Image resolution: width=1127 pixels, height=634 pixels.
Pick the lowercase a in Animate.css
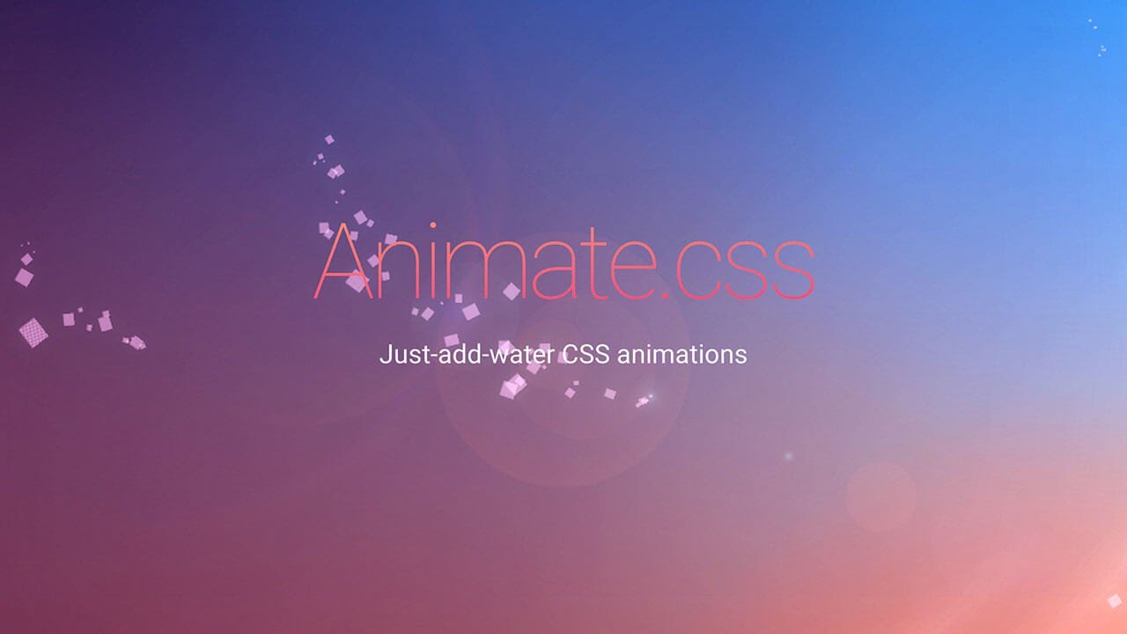(556, 273)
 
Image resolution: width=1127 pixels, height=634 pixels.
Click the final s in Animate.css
(790, 273)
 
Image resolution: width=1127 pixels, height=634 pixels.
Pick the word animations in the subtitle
(681, 355)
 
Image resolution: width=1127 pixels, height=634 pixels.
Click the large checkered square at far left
(33, 332)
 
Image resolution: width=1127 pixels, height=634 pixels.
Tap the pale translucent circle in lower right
(880, 497)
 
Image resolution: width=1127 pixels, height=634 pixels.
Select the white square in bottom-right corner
(1114, 601)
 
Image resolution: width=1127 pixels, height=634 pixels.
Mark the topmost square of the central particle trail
(329, 139)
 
